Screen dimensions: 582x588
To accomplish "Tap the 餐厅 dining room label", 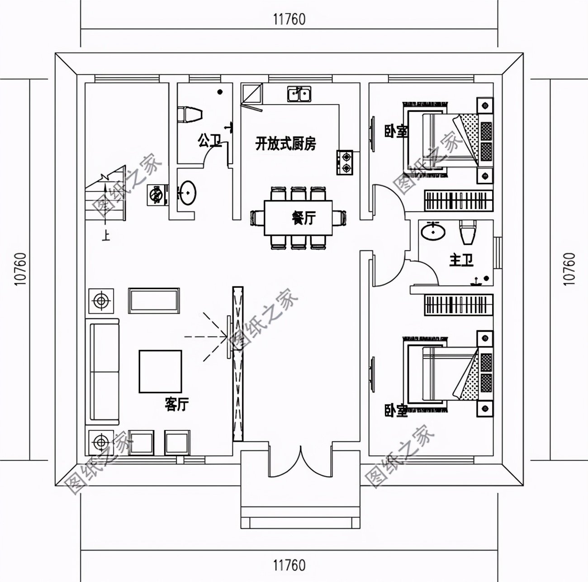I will pyautogui.click(x=303, y=218).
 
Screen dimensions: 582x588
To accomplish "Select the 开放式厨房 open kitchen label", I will pyautogui.click(x=285, y=144).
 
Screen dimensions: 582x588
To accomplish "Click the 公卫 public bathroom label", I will pyautogui.click(x=209, y=141).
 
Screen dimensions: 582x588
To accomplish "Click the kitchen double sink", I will pyautogui.click(x=299, y=94).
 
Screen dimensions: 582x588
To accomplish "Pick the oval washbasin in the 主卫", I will pyautogui.click(x=433, y=232).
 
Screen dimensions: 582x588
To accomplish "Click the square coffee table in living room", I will pyautogui.click(x=160, y=371).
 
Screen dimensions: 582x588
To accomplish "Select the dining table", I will pyautogui.click(x=298, y=218).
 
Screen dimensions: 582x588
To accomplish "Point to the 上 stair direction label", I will pyautogui.click(x=105, y=236).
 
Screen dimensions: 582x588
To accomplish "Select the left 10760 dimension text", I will pyautogui.click(x=20, y=269).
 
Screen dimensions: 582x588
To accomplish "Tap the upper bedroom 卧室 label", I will pyautogui.click(x=396, y=131).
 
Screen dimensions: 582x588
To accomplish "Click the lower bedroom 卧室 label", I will pyautogui.click(x=396, y=410).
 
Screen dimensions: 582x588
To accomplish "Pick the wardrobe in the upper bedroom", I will pyautogui.click(x=458, y=200).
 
